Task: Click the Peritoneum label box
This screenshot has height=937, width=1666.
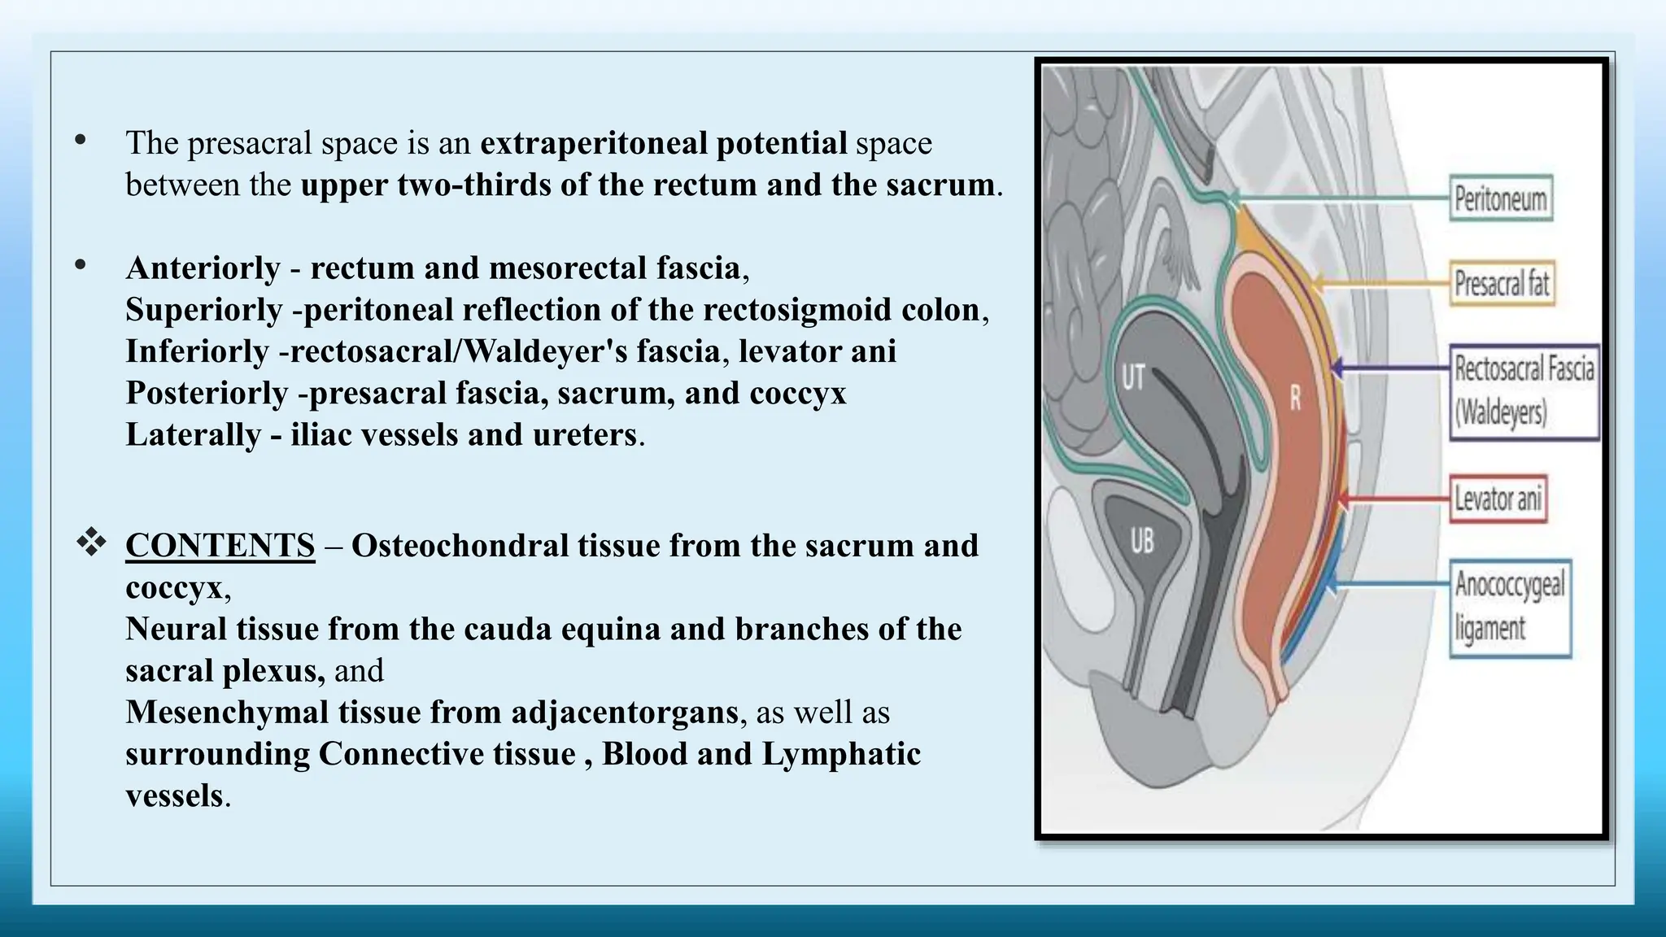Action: tap(1501, 198)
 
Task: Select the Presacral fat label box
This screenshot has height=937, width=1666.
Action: tap(1502, 283)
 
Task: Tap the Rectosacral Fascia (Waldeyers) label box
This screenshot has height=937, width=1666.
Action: tap(1524, 392)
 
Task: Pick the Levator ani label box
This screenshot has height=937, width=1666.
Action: tap(1498, 498)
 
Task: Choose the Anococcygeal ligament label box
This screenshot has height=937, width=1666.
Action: tap(1511, 607)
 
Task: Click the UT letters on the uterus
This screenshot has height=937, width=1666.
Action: tap(1132, 377)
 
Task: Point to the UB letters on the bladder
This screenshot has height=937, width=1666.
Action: tap(1141, 541)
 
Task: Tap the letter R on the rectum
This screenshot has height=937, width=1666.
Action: tap(1296, 399)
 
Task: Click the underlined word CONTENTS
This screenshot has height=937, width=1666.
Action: tap(220, 546)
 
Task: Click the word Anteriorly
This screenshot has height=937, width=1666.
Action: tap(203, 268)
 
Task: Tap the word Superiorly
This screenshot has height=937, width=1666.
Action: tap(203, 309)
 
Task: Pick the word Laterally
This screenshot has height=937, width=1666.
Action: tap(193, 434)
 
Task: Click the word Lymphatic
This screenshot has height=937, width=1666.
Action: tap(840, 754)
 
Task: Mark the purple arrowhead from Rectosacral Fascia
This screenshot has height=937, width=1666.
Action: tap(1336, 368)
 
